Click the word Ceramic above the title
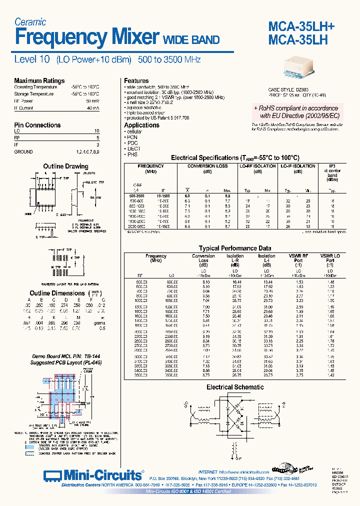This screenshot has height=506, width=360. (30, 22)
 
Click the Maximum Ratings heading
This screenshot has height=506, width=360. (39, 80)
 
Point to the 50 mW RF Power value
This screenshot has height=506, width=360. (92, 100)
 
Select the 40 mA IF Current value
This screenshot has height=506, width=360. (92, 107)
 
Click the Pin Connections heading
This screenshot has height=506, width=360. (37, 125)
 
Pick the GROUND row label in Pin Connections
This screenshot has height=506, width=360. (23, 151)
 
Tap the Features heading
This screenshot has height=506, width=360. (136, 80)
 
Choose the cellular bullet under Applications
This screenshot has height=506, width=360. (133, 131)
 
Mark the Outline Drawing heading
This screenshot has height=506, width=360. (65, 166)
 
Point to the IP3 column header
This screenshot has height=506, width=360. (332, 166)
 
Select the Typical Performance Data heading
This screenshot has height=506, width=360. (235, 248)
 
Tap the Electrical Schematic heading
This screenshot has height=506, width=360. (235, 387)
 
